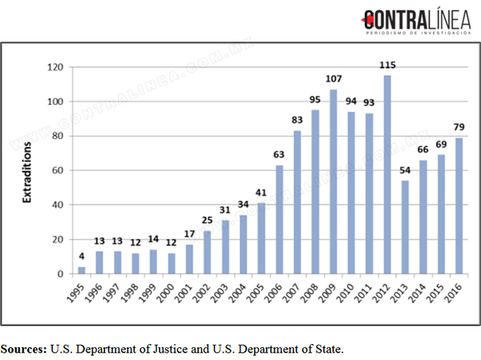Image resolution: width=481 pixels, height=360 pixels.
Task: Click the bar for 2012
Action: [x=387, y=174]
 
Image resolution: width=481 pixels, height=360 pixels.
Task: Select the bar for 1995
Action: [x=82, y=270]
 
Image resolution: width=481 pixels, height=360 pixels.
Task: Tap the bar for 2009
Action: [x=333, y=181]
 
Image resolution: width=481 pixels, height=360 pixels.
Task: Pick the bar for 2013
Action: [x=405, y=227]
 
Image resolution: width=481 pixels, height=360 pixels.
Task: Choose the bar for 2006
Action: [x=280, y=220]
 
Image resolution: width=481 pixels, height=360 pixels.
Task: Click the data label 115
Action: [x=388, y=65]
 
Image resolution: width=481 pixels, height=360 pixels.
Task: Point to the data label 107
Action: [x=333, y=79]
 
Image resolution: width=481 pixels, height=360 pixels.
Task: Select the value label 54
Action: [x=405, y=170]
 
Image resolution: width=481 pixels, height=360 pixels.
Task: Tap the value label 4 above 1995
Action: [x=81, y=256]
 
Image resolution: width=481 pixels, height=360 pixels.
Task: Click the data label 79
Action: [x=459, y=127]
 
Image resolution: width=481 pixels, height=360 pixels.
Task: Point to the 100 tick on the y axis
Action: [x=55, y=102]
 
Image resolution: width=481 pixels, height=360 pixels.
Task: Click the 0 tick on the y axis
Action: [x=60, y=273]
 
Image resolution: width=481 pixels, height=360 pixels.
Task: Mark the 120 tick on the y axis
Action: [x=55, y=67]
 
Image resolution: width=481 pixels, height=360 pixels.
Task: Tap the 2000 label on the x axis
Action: [x=165, y=293]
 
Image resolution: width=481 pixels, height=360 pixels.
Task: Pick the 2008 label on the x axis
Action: [x=309, y=293]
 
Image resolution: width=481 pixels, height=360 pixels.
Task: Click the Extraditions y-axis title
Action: [x=27, y=172]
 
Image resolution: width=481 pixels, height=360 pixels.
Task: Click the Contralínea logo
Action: [x=416, y=21]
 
